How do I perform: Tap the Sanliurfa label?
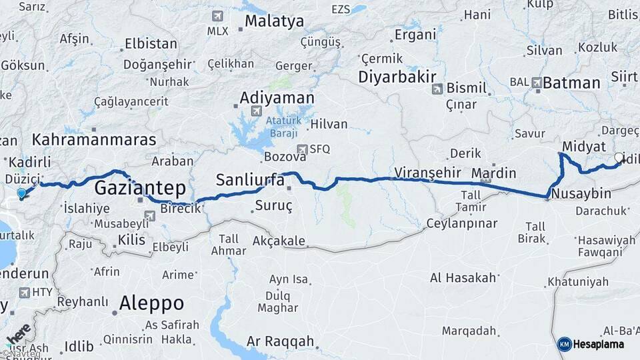click(x=250, y=179)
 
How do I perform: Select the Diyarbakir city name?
click(x=397, y=76)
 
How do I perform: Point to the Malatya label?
click(x=274, y=21)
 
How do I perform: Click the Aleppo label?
click(x=151, y=303)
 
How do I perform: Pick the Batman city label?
click(x=571, y=83)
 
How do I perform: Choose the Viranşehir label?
click(x=427, y=172)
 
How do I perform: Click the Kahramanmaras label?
click(x=94, y=140)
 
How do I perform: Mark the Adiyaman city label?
click(x=277, y=98)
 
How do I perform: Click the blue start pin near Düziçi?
click(x=22, y=193)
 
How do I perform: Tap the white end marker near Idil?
click(x=619, y=159)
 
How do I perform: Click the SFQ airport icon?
click(x=303, y=149)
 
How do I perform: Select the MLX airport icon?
click(x=217, y=16)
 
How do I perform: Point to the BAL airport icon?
click(x=537, y=82)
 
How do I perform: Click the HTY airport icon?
click(x=25, y=292)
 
